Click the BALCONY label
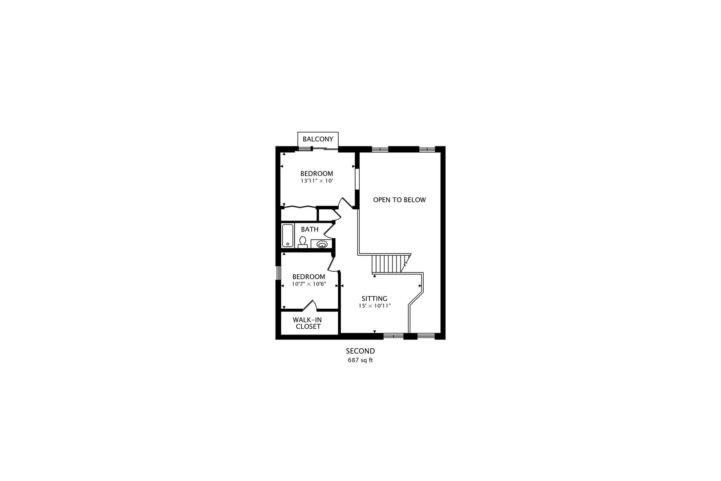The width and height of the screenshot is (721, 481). coord(318,139)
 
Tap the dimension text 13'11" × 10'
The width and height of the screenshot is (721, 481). coord(317,181)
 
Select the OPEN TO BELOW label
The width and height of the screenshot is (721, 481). coord(399,200)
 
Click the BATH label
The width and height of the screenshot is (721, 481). coord(310,229)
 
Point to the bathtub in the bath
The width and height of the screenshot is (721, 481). coord(288,236)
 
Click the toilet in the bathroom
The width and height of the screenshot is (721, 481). coord(303,242)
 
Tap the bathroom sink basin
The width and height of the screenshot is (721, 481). coord(322,245)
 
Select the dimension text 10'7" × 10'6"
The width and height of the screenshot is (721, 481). coord(309,284)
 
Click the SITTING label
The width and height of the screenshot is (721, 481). coord(374,299)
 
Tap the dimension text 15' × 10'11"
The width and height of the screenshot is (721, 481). coord(375,306)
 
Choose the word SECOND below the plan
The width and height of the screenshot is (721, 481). coord(360,351)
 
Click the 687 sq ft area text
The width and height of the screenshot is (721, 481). coord(360,360)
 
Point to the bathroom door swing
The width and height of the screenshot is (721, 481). coord(329,230)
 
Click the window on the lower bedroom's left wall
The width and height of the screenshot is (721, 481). coord(279,273)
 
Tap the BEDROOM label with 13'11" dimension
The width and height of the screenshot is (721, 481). coord(317,174)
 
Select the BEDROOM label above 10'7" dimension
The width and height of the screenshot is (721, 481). coord(309,277)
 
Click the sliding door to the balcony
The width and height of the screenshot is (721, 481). coord(325,148)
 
